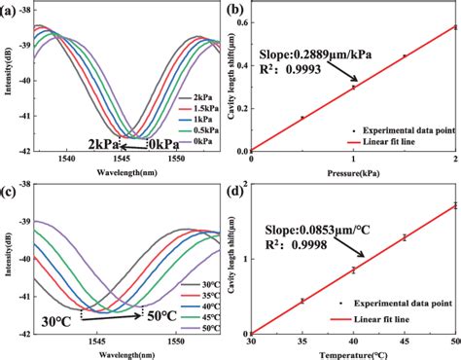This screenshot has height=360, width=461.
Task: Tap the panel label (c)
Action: click(13, 187)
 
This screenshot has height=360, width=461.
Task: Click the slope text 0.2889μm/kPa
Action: click(311, 56)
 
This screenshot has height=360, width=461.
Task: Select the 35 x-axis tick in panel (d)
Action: click(302, 342)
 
